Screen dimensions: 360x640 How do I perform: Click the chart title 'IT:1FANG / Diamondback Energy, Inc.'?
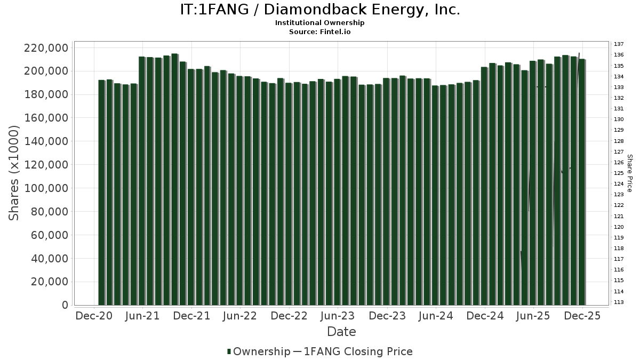coord(319,10)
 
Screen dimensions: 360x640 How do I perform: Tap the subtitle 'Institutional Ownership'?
coord(319,23)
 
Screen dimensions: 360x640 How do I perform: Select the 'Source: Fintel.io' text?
coord(319,32)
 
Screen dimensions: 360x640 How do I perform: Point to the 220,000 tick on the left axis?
coord(46,48)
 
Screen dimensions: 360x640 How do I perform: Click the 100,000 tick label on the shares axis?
coord(46,188)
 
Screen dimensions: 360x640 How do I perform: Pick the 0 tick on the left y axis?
coord(65,306)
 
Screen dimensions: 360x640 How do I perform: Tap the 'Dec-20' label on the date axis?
coord(94,316)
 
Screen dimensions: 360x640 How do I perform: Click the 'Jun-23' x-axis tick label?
coord(338,316)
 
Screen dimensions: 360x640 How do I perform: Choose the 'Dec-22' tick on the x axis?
coord(289,316)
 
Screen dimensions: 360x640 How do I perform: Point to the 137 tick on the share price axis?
coord(619,44)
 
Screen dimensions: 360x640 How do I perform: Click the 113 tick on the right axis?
coord(619,302)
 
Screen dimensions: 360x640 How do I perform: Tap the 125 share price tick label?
coord(619,173)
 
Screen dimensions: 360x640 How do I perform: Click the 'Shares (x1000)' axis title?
coord(14,173)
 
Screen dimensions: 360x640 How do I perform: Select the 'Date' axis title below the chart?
coord(341,332)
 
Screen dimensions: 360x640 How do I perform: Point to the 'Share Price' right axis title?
coord(630,173)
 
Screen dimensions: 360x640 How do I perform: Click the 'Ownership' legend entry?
coord(258,351)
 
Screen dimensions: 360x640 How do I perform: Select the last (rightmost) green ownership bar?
coord(582,182)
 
